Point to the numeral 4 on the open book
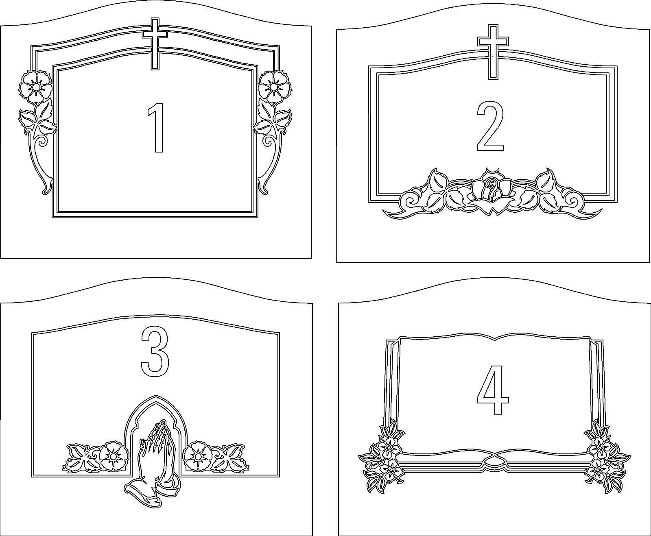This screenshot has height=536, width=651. [x=493, y=390]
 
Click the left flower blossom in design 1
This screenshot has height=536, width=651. [x=36, y=87]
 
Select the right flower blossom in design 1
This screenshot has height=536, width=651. [x=275, y=87]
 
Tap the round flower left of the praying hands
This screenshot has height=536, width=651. [x=111, y=456]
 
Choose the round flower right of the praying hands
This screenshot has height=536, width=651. [x=197, y=456]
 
